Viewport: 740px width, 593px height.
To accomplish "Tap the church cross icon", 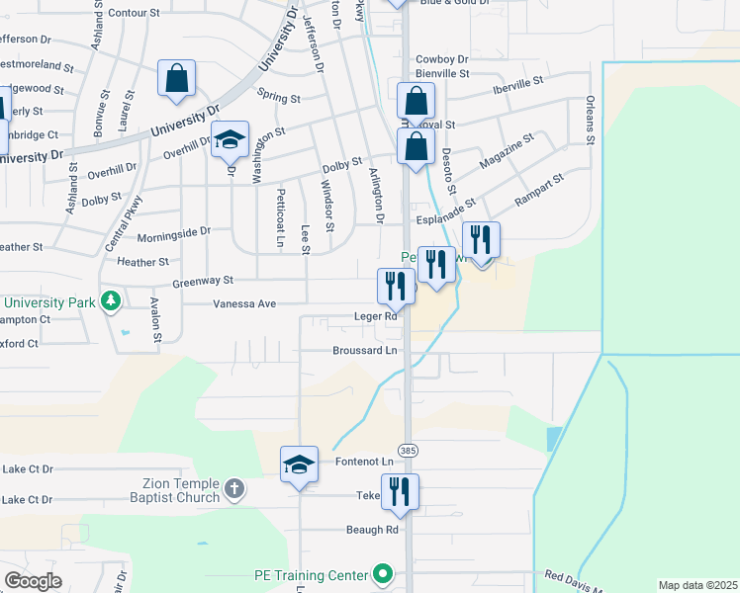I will [x=233, y=488].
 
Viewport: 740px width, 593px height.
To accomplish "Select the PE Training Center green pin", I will [x=383, y=574].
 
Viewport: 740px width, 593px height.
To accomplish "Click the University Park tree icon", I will [x=113, y=300].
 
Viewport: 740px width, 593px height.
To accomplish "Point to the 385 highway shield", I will [x=410, y=450].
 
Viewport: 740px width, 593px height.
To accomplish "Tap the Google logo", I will [x=34, y=581].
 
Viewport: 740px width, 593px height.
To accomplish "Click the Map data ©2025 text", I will [x=696, y=585].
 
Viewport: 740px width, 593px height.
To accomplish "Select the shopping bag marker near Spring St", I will [x=176, y=80].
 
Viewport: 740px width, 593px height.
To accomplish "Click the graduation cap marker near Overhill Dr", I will [x=230, y=140].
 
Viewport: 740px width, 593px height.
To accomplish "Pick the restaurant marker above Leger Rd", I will [x=395, y=287].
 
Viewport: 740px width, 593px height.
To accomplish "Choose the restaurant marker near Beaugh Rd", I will [x=400, y=493].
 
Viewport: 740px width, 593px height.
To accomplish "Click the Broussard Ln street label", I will [x=364, y=351].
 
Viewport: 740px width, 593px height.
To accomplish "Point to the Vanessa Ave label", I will [x=243, y=304].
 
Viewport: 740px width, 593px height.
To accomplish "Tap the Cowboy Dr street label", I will [x=441, y=59].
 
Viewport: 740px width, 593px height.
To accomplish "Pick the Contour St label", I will [x=134, y=13].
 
